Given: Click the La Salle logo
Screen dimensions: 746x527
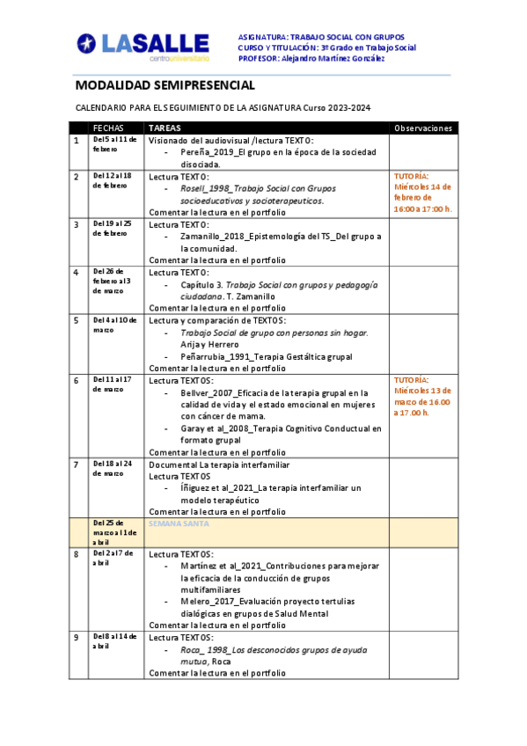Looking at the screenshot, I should click(143, 46).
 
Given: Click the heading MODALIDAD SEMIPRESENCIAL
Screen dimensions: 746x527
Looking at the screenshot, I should click(165, 85).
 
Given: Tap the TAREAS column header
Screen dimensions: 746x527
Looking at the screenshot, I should click(165, 128).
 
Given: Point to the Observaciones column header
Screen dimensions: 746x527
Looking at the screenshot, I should click(423, 128).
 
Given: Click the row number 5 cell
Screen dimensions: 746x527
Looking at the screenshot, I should click(77, 320).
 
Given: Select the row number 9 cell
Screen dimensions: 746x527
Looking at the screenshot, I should click(77, 637).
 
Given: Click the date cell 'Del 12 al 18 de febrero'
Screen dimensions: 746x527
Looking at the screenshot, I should click(112, 180).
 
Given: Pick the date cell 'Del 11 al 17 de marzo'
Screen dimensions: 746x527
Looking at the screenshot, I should click(112, 384).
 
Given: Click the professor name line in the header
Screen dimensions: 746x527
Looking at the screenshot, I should click(311, 58).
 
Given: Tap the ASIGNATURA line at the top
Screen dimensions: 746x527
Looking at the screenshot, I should click(326, 37).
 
